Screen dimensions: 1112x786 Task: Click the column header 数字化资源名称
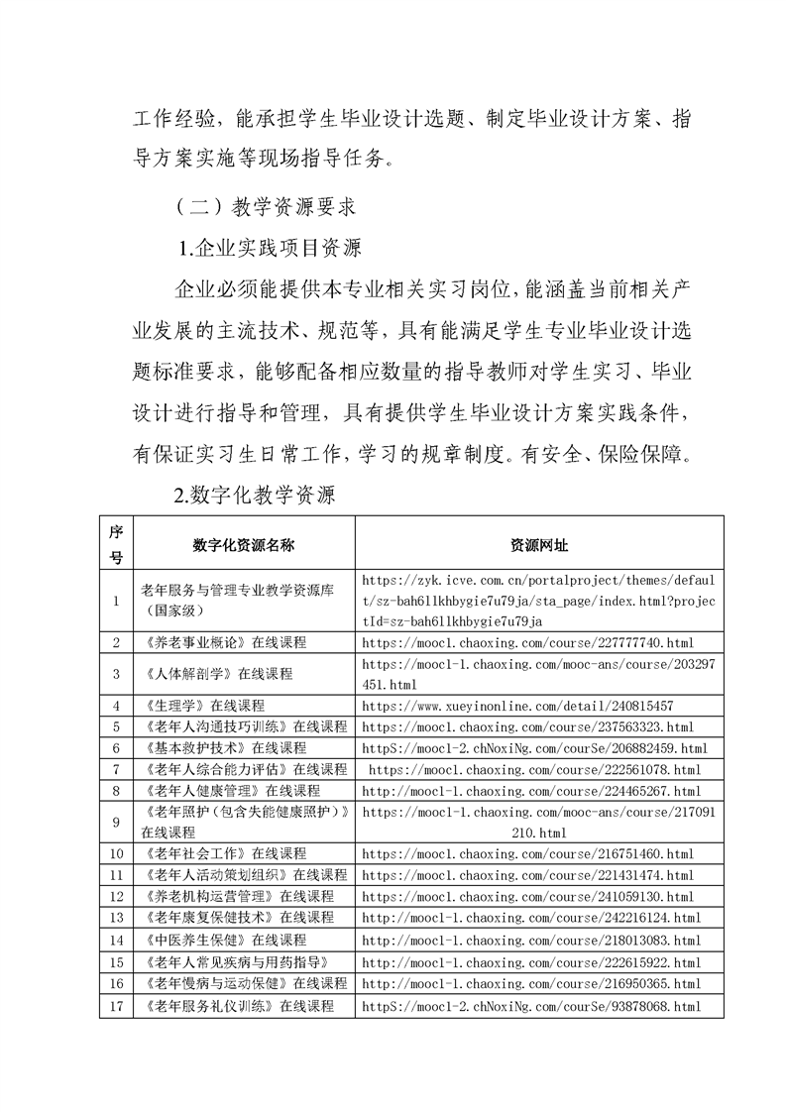tap(244, 544)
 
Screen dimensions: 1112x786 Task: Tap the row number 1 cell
tap(116, 600)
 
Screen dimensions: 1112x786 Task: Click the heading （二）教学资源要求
tap(258, 207)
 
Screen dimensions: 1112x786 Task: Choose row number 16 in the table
tap(116, 983)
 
